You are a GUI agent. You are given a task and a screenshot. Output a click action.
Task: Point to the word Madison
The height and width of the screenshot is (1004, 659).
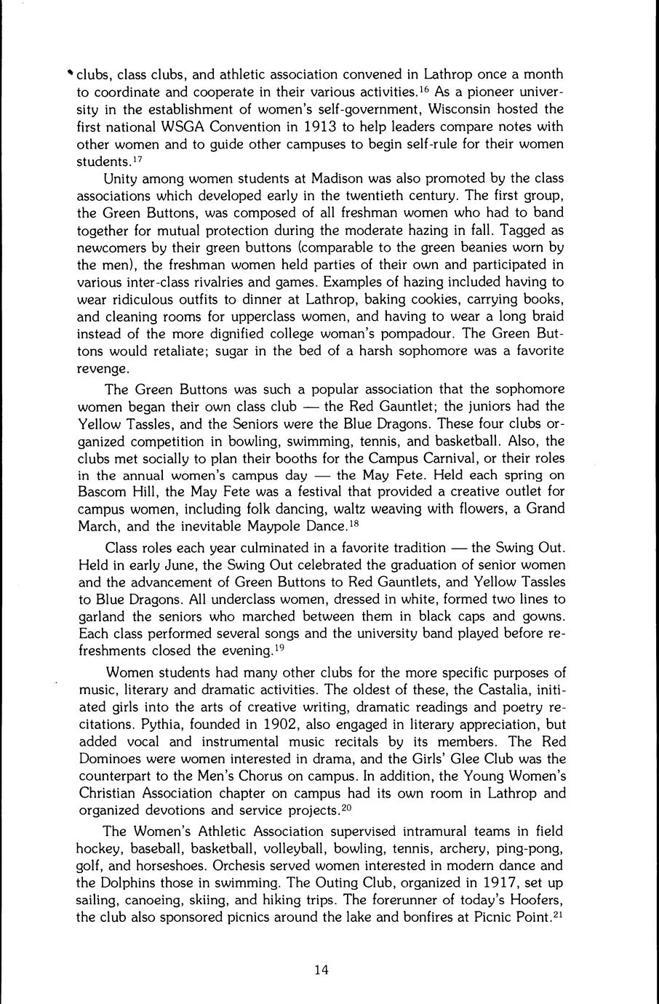click(316, 179)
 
